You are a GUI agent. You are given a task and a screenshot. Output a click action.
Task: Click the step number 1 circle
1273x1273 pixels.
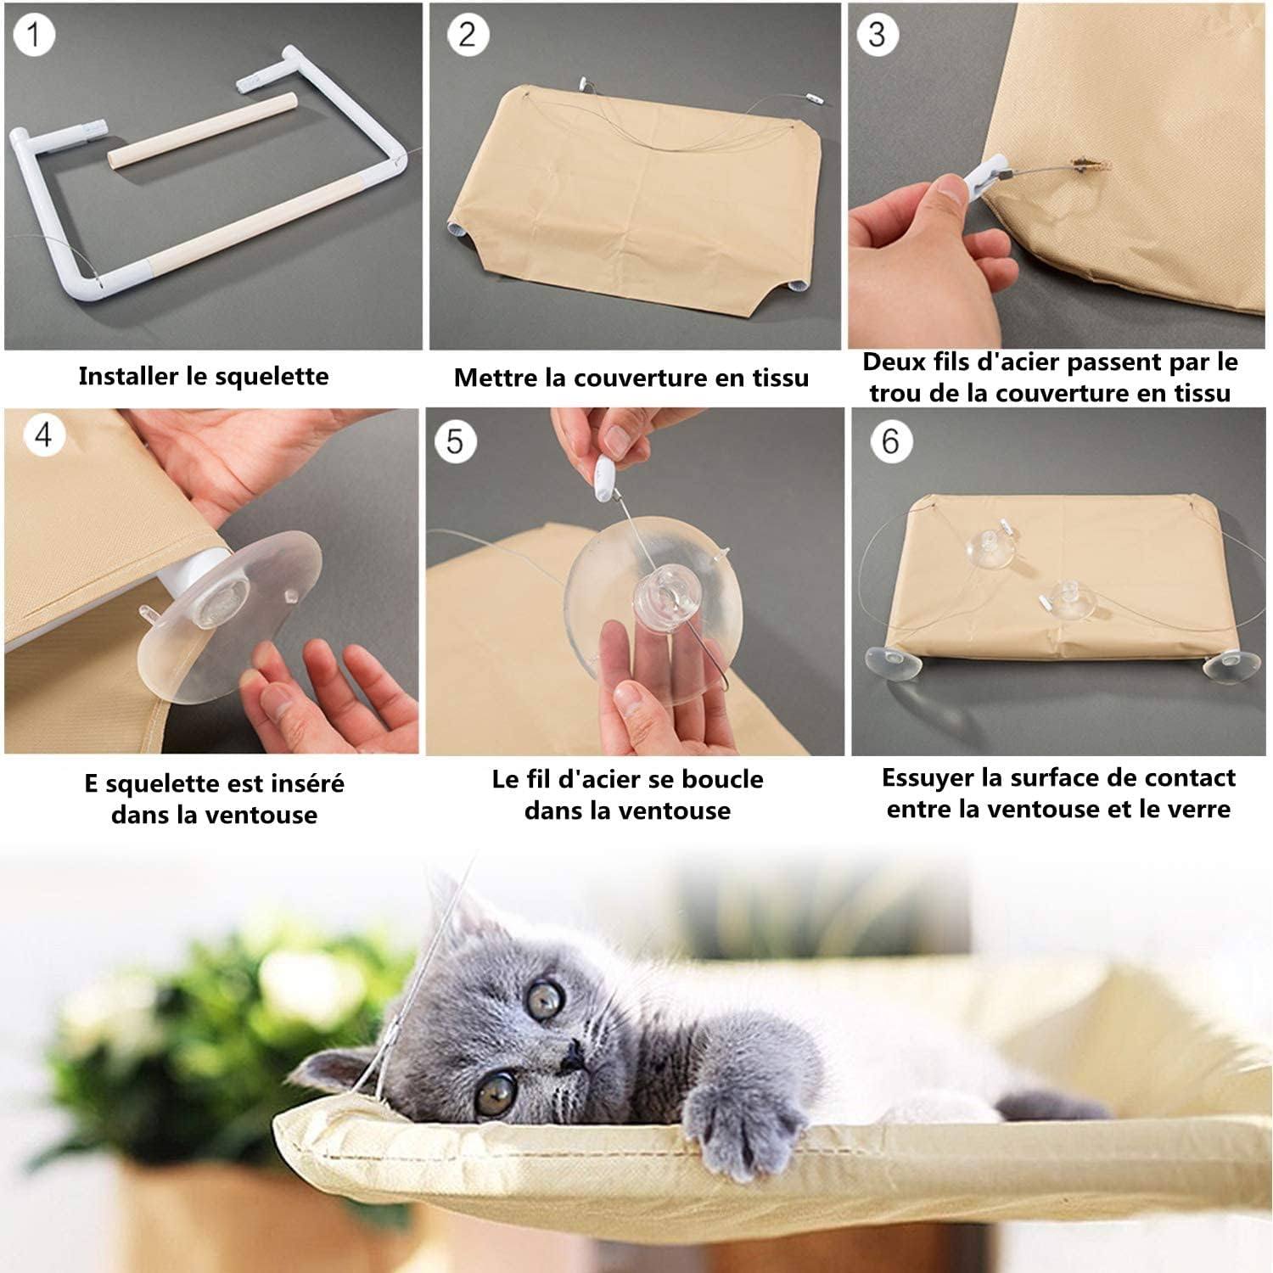[x=34, y=36]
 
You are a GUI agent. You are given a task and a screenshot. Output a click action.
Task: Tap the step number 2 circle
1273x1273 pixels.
[x=467, y=36]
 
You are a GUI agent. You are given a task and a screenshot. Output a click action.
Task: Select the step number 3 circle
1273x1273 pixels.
[x=877, y=35]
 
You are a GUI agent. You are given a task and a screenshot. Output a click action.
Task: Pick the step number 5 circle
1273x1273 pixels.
[x=455, y=441]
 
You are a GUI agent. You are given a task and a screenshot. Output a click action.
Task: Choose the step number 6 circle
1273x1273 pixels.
[x=890, y=441]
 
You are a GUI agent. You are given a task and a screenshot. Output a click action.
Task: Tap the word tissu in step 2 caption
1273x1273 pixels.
[x=779, y=378]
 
